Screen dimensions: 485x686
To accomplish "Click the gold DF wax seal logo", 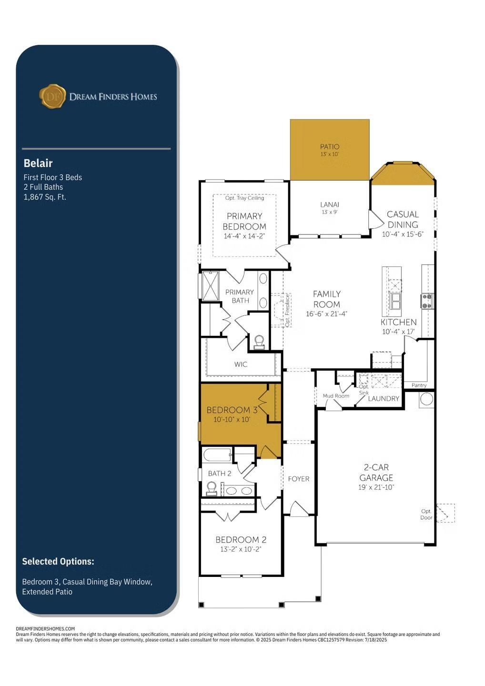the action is pos(53,96).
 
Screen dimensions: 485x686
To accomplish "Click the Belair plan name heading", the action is pos(38,163).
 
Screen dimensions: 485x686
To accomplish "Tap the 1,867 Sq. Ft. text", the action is pos(45,197).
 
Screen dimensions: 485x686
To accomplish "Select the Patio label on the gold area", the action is pos(330,147).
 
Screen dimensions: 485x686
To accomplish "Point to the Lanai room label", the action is pos(330,204).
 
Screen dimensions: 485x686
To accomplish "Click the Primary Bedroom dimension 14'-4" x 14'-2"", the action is pos(244,236).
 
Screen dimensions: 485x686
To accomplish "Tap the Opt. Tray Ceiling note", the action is pos(244,198).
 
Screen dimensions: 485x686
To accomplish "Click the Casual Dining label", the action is pos(403,219).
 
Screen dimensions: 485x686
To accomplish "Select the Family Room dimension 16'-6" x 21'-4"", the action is pos(326,314).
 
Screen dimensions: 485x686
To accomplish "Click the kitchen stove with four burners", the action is pos(427,301).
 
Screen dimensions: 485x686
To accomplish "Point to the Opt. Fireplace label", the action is pos(287,310).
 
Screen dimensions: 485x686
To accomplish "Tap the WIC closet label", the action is pos(241,364).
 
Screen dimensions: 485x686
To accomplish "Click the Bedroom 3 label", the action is pos(232,410).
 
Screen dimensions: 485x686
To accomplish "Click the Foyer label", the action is pos(299,479).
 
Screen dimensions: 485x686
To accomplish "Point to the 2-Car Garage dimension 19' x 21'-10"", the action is pos(376,487).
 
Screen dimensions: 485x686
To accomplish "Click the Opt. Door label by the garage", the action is pos(426,514).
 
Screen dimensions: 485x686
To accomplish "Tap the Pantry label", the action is pos(419,385).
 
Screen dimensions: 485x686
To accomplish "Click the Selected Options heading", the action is pos(58,561).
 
